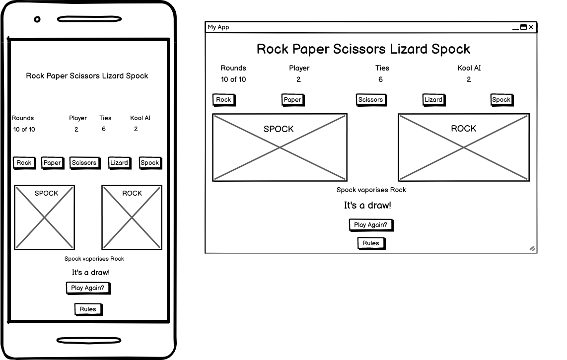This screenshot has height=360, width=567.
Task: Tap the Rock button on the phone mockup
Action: pos(24,163)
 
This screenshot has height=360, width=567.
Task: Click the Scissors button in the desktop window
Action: pos(371,100)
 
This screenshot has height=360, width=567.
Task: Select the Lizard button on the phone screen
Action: pos(119,163)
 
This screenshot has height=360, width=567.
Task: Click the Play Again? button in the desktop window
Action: pos(371,225)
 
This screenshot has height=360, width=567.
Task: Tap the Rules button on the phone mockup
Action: pos(88,309)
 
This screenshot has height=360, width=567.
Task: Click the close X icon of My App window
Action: pos(531,27)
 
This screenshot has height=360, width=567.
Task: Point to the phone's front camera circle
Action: pos(37,19)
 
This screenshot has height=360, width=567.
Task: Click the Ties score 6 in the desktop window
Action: pos(380,79)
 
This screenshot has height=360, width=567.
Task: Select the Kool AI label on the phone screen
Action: pos(141,118)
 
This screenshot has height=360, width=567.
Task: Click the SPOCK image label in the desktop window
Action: pos(279,129)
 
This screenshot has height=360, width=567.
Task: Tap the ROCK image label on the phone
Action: pos(132,193)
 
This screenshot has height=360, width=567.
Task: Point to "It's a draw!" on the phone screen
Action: pos(91,273)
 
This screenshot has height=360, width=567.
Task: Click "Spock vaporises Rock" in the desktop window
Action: pos(371,190)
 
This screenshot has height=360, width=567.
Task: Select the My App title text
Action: pos(218,27)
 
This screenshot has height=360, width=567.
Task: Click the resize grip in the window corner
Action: pos(532,249)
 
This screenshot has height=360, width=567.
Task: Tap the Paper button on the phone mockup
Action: pos(53,163)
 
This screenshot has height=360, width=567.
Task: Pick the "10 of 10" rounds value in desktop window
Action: pos(233,79)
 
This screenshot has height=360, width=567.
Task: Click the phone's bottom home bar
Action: pos(89,340)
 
